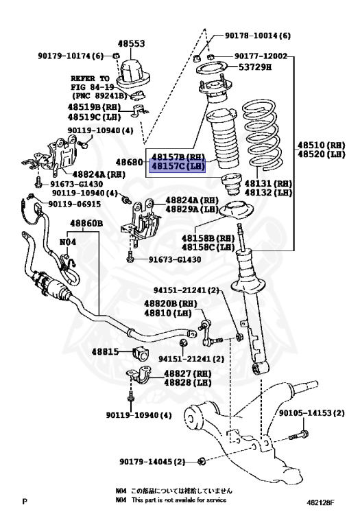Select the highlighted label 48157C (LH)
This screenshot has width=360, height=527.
point(178,166)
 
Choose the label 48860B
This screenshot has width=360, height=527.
point(86,224)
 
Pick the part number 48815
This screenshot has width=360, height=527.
point(107,352)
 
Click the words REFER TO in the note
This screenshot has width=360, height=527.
point(90,79)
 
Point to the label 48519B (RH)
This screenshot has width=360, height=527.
point(95,106)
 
